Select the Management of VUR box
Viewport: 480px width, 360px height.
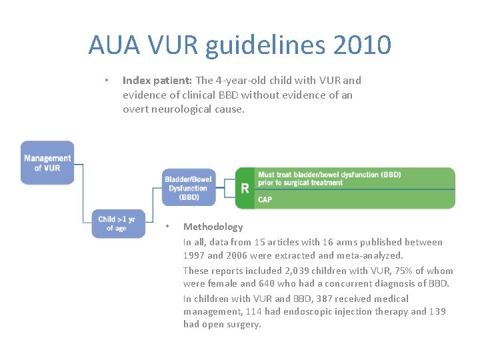(x=47, y=163)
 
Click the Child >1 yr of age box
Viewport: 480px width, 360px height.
(x=117, y=223)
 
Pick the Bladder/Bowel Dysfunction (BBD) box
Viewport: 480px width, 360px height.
(x=189, y=187)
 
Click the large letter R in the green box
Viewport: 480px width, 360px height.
(x=245, y=188)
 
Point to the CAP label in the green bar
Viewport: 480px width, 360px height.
(x=265, y=199)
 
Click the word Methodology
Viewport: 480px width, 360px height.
(x=213, y=227)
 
